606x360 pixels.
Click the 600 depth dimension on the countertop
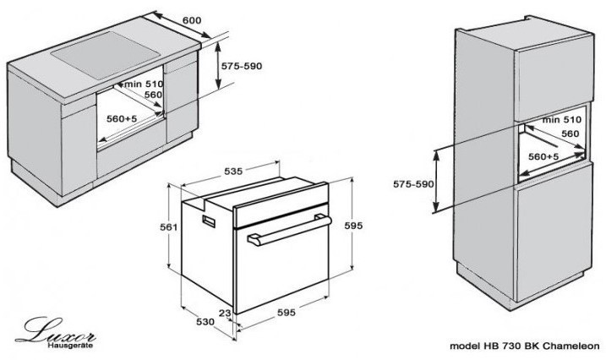pyautogui.click(x=192, y=19)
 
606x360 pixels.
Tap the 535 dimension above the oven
pyautogui.click(x=233, y=171)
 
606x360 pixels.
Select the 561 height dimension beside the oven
pyautogui.click(x=168, y=227)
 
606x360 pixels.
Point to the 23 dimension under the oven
pyautogui.click(x=225, y=313)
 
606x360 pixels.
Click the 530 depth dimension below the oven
pyautogui.click(x=205, y=321)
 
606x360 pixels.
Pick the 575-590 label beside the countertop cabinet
pyautogui.click(x=242, y=66)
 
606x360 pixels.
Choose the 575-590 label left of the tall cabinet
pyautogui.click(x=413, y=184)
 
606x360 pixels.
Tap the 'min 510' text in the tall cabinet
pyautogui.click(x=561, y=120)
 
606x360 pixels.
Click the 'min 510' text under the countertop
pyautogui.click(x=144, y=84)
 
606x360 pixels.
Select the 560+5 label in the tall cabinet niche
pyautogui.click(x=543, y=156)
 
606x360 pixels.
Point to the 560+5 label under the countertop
pyautogui.click(x=122, y=118)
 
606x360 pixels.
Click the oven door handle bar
pyautogui.click(x=289, y=231)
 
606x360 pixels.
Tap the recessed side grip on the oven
pyautogui.click(x=209, y=221)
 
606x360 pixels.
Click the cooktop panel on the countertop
pyautogui.click(x=105, y=56)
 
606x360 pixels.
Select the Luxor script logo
pyautogui.click(x=55, y=330)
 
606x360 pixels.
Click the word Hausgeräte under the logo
pyautogui.click(x=70, y=346)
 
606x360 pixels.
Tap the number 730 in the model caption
pyautogui.click(x=511, y=346)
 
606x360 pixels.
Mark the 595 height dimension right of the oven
pyautogui.click(x=353, y=226)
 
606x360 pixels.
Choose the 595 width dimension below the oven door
pyautogui.click(x=287, y=312)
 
